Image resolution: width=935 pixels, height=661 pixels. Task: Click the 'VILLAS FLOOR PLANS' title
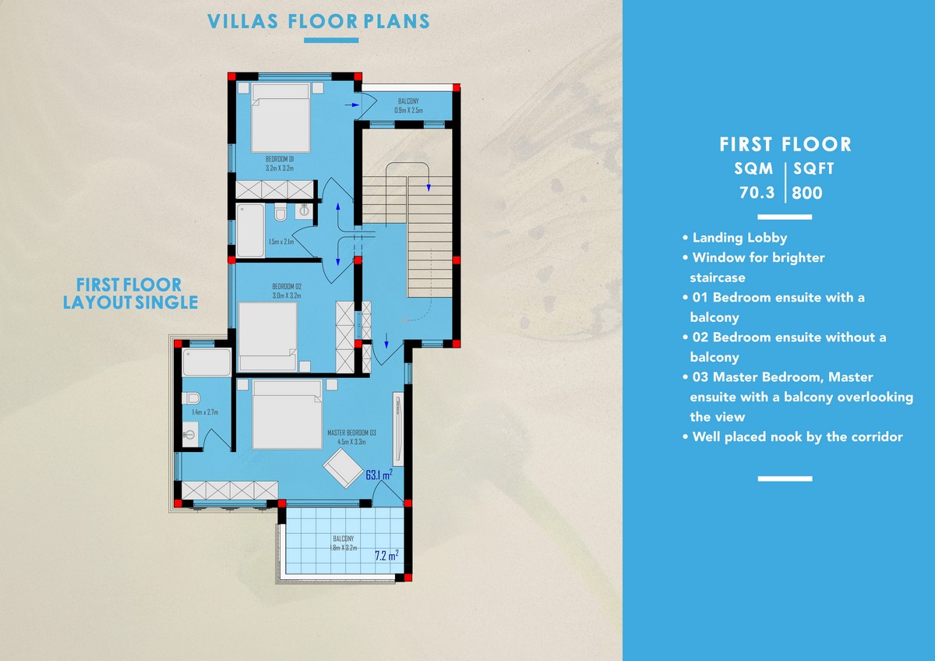point(319,21)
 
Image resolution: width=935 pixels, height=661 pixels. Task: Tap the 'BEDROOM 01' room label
point(280,159)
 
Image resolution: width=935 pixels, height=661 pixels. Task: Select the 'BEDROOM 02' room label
point(287,286)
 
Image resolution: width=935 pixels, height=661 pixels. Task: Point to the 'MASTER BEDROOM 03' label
point(351,433)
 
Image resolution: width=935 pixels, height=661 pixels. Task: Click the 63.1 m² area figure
point(379,475)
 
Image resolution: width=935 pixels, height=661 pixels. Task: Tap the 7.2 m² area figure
point(386,555)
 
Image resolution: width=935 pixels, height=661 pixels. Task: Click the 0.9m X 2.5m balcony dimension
point(408,110)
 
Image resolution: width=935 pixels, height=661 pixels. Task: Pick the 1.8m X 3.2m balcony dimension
point(344,548)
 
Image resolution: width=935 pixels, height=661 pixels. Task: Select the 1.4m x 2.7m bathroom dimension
point(205,412)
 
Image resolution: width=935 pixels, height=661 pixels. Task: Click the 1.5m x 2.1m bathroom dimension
point(281,242)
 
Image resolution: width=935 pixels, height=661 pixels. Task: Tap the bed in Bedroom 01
point(280,118)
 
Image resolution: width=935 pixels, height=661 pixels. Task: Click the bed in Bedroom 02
point(268,337)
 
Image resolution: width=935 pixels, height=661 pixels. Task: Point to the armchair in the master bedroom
point(343,468)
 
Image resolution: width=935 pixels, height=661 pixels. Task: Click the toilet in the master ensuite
point(191,398)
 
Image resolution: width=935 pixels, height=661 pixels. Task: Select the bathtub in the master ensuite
point(206,362)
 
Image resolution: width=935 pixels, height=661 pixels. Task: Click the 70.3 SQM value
point(757,193)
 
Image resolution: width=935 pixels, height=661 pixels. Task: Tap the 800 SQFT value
point(807,193)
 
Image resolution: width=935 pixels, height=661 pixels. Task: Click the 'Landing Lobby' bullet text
point(739,238)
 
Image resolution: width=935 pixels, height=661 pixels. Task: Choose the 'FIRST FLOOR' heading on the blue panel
point(785,144)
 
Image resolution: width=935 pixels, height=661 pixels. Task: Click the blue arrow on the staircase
point(429,188)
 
